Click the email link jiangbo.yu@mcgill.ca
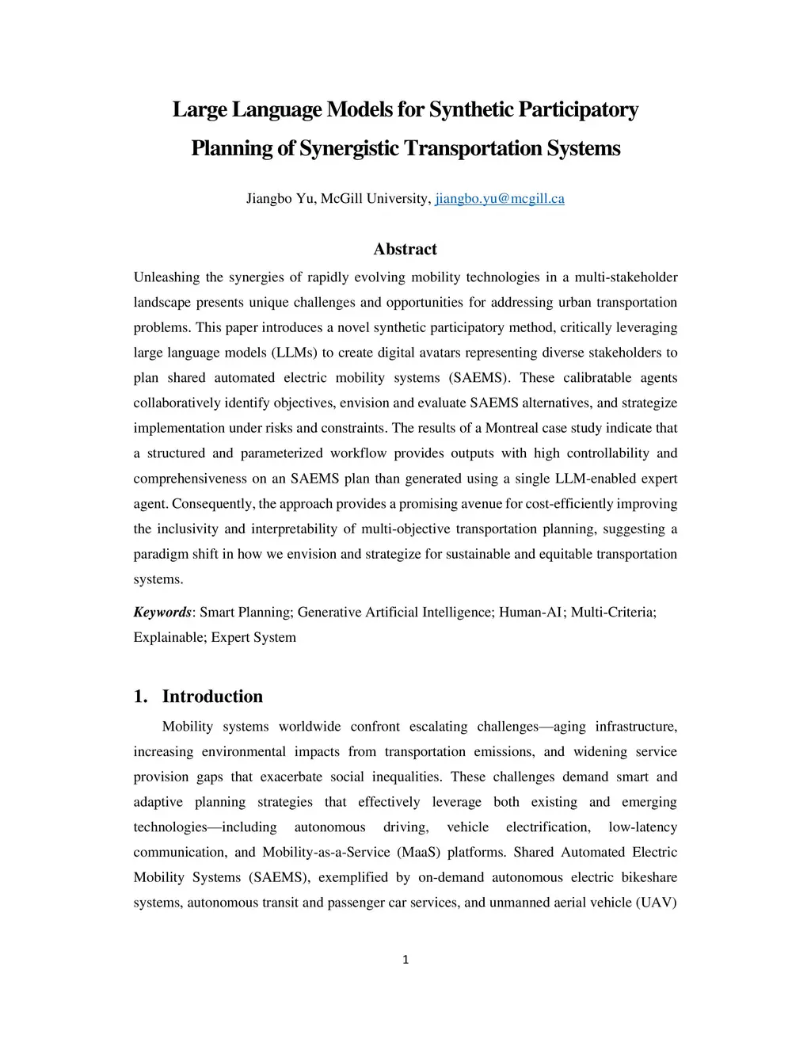(500, 199)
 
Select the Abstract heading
(405, 250)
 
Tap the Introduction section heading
(212, 697)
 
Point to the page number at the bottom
(405, 960)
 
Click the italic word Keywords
(162, 613)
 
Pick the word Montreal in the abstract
(512, 429)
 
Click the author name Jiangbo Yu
(280, 199)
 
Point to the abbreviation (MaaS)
(418, 853)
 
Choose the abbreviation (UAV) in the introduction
(656, 903)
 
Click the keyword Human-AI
(530, 613)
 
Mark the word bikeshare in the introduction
(648, 878)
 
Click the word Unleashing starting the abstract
(166, 277)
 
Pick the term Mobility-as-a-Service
(326, 853)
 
